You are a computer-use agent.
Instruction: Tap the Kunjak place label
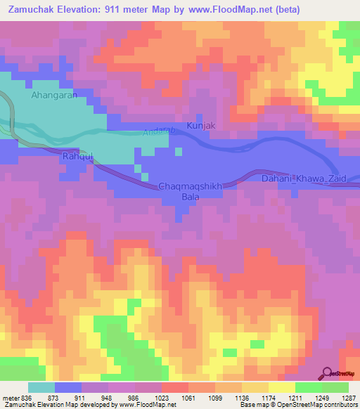click(200, 126)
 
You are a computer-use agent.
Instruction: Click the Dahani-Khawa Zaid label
click(304, 178)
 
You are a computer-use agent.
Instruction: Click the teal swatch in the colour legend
click(41, 387)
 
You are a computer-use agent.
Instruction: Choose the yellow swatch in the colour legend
click(281, 387)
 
